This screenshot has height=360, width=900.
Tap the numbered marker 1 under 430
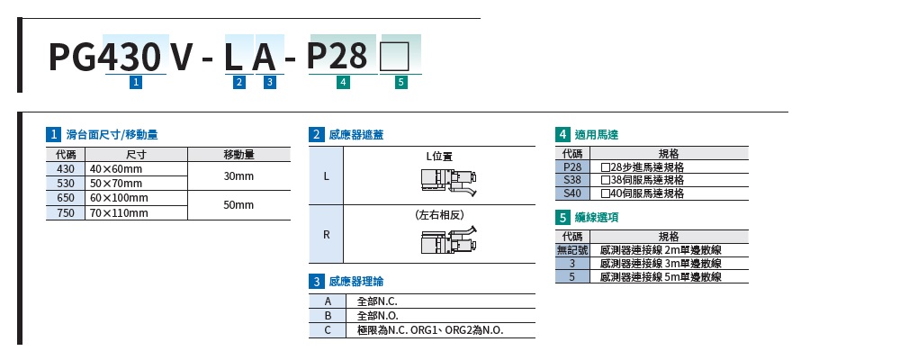click(136, 83)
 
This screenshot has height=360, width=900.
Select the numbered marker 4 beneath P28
click(342, 83)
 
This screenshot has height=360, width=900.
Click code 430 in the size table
click(66, 169)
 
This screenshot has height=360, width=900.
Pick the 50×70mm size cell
click(115, 184)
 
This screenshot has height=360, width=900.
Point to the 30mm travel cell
click(238, 176)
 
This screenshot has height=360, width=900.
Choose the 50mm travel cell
click(238, 205)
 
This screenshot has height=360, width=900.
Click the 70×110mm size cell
click(120, 212)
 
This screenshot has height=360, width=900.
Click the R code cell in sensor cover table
click(326, 234)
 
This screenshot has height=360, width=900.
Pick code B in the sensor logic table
click(328, 316)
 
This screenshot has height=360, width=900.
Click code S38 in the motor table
click(572, 179)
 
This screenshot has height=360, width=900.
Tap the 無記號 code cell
click(572, 249)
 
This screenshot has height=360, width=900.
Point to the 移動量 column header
click(238, 155)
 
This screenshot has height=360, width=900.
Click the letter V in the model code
click(182, 57)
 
